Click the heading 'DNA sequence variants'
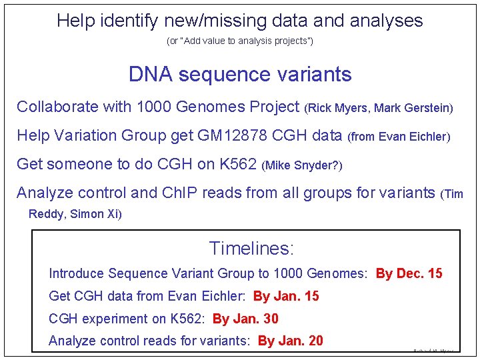240,74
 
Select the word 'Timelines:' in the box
251,249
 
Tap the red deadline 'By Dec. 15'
409,273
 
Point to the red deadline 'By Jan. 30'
245,319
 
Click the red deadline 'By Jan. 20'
290,341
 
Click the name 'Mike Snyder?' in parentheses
302,165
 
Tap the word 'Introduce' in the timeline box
76,273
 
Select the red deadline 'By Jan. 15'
286,296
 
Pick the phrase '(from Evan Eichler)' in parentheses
399,137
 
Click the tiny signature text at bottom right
433,350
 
